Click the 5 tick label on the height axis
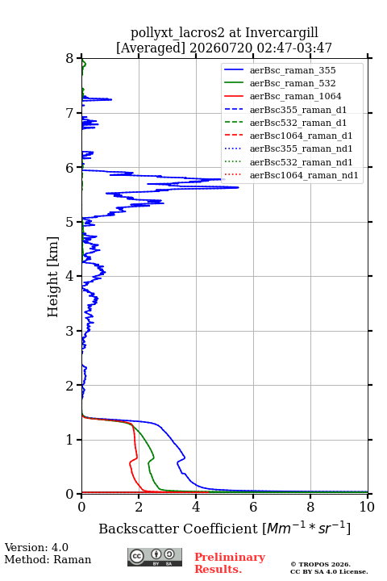click(x=70, y=222)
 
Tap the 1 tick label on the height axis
click(x=70, y=440)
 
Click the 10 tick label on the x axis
click(x=367, y=507)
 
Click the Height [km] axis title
click(x=53, y=277)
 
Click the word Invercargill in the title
click(x=281, y=33)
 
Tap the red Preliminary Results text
click(x=230, y=563)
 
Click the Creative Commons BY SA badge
click(x=155, y=558)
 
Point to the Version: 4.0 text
click(x=36, y=547)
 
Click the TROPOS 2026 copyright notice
click(x=321, y=564)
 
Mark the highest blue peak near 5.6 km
click(x=238, y=187)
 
